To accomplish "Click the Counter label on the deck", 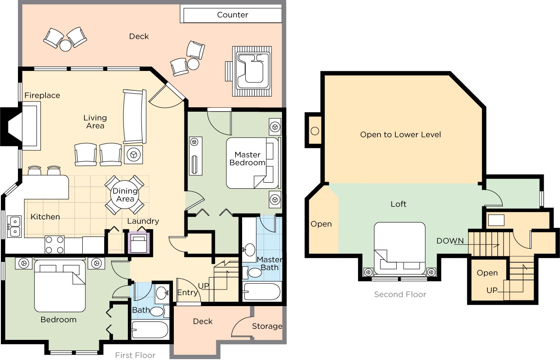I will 232,15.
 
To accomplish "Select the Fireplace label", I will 42,95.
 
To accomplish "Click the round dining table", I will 125,195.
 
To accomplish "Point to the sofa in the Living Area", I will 134,117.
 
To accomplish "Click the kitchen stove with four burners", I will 54,245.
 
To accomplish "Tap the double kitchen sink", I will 14,226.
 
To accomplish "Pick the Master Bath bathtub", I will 262,292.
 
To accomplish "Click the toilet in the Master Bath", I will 255,273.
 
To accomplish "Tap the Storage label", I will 267,326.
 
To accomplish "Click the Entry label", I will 187,293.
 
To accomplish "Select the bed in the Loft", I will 399,248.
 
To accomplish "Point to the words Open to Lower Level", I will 400,134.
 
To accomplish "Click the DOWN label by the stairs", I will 450,241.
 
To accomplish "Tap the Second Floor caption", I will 400,295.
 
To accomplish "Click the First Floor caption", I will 135,355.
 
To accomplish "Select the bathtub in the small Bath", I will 150,330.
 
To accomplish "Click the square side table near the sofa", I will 133,155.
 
